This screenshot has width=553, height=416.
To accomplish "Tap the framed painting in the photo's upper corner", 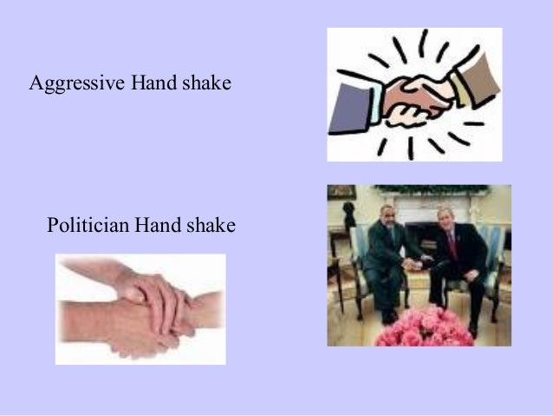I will tap(341, 192).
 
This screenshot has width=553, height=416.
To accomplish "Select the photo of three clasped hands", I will tap(140, 308).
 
